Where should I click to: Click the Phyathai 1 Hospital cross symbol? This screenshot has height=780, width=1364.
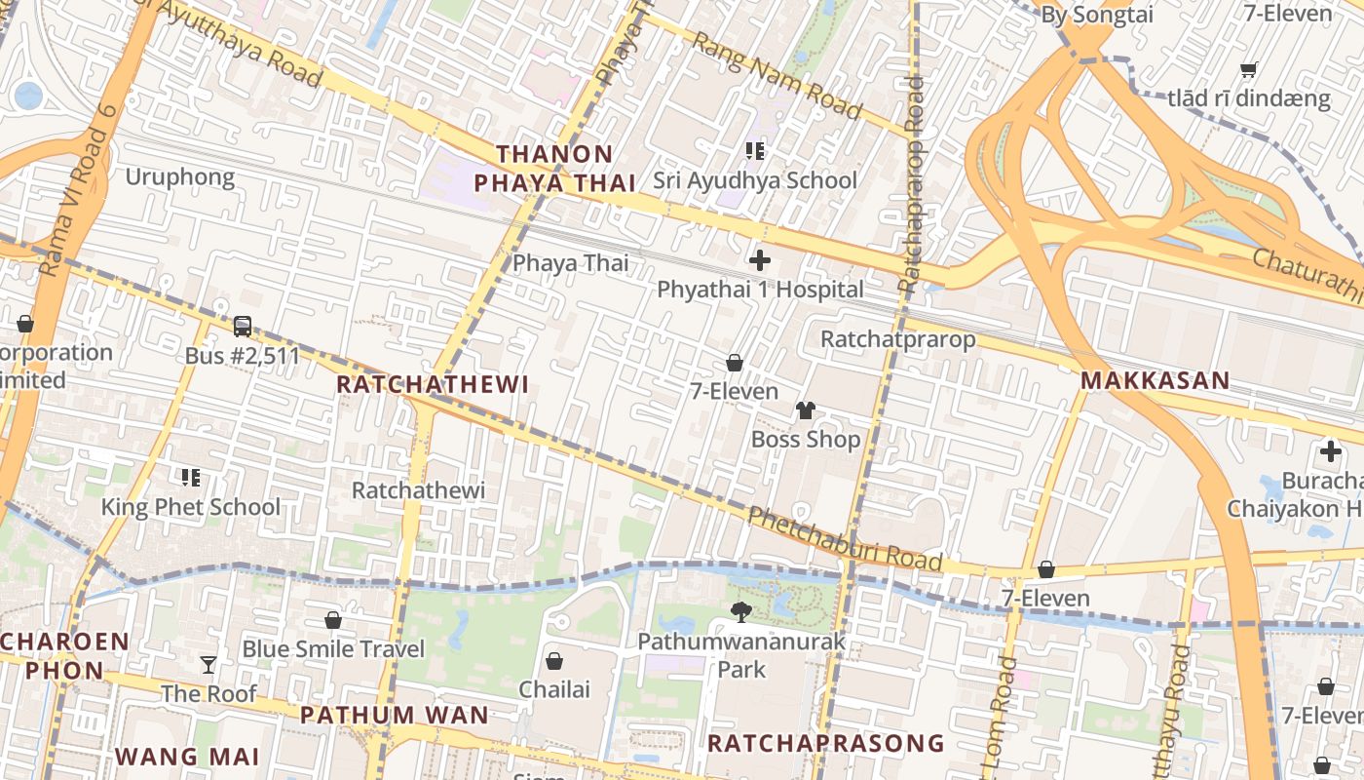[760, 260]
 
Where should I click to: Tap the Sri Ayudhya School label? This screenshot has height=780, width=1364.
[755, 180]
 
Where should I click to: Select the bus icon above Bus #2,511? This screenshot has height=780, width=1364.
[243, 327]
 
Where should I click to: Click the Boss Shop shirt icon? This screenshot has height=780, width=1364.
[806, 410]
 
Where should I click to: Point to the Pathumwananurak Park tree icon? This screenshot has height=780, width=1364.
[741, 612]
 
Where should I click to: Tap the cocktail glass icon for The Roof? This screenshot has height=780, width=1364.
[208, 665]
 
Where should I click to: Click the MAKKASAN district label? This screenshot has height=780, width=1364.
[1156, 381]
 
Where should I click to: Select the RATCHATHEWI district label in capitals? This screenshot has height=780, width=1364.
[433, 385]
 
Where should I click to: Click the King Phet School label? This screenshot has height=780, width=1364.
[191, 507]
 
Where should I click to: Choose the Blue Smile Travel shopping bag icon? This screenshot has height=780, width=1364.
[333, 620]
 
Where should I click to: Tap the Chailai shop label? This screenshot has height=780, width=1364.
[554, 689]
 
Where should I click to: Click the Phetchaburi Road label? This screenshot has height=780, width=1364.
[845, 539]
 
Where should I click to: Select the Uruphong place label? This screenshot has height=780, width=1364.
[180, 177]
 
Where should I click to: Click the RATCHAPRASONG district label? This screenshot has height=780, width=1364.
[825, 744]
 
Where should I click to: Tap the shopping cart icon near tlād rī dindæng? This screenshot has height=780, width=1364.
[1248, 69]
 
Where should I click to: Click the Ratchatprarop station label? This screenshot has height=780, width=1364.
[897, 339]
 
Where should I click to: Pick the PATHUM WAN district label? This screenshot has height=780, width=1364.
[394, 715]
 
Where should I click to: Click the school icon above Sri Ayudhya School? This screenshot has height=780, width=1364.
[755, 150]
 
